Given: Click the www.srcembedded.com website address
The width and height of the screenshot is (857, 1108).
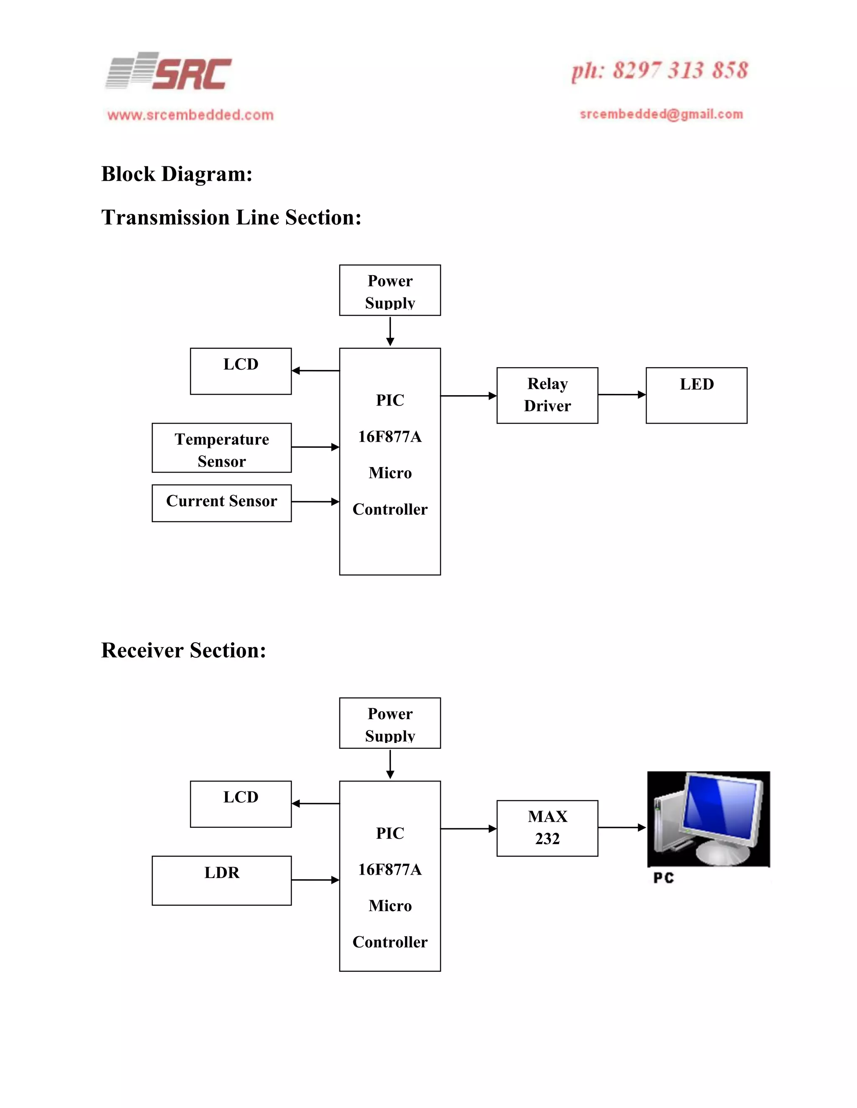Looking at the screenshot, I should pos(190,115).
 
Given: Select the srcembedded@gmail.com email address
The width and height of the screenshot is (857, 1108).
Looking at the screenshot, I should pos(661,114).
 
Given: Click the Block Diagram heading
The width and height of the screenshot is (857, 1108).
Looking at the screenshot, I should pos(177,174).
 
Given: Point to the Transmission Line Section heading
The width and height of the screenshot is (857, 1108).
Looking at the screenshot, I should pos(231,217).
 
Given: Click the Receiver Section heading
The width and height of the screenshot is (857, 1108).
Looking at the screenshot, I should pos(183,651).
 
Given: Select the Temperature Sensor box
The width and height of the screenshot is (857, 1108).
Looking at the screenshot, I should pos(221,448).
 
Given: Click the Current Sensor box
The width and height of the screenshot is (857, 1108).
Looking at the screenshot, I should pos(221,503).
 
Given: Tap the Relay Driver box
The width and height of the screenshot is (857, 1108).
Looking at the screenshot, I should pos(547,395).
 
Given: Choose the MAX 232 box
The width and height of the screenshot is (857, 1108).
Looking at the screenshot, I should pos(547,828).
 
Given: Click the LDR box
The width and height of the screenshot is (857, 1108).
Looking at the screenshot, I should pos(221,880).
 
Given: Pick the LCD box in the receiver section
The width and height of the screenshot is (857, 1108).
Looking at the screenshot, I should pos(241,804).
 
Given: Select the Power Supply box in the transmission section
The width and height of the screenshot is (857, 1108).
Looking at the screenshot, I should pos(390,290).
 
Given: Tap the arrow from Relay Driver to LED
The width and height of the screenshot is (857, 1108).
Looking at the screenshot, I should pos(621,394).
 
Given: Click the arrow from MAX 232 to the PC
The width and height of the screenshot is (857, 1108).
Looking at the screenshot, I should pos(621,827).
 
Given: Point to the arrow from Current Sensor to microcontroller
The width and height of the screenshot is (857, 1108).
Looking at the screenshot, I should pos(315,502).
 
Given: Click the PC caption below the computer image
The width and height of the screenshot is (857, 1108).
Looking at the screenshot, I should pos(663,878).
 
